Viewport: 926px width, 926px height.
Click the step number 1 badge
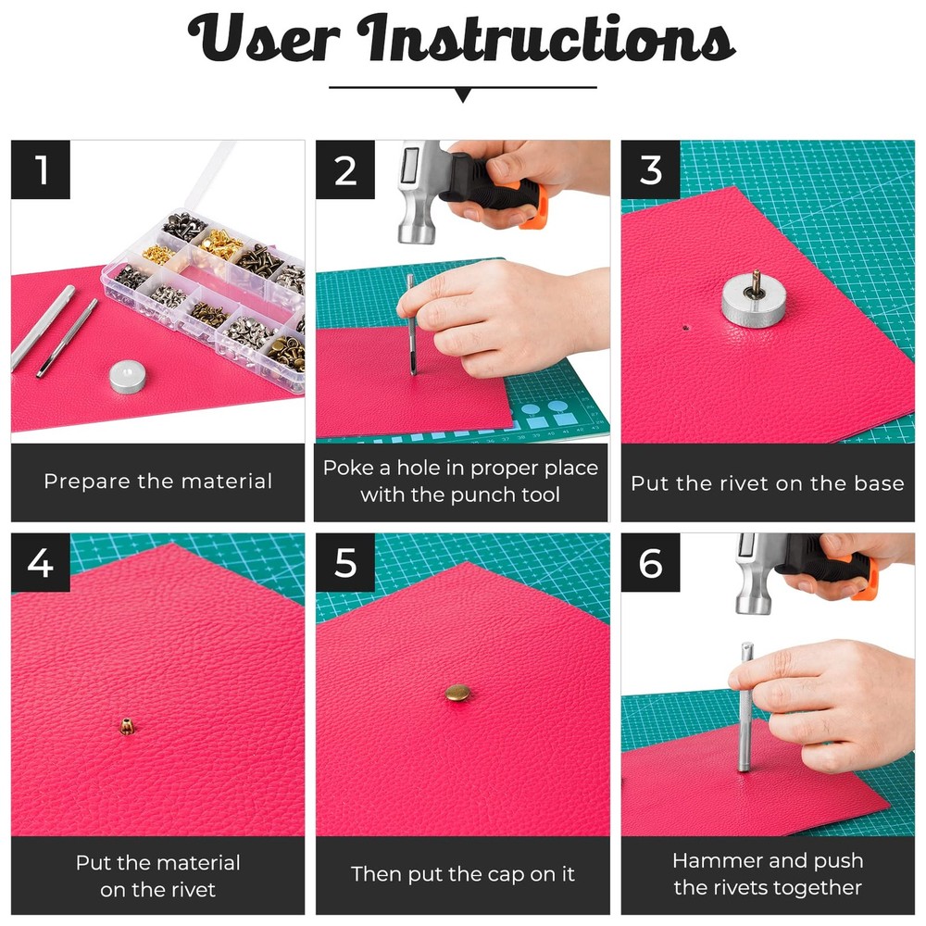(41, 169)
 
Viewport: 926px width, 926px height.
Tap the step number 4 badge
(41, 562)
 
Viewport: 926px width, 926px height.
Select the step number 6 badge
(651, 562)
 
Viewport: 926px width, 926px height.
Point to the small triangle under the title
(463, 95)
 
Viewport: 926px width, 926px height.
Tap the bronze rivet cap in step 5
(457, 692)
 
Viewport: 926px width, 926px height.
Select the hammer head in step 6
(752, 574)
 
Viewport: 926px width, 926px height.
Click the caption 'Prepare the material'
(157, 482)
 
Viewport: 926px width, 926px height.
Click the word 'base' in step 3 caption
(878, 483)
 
